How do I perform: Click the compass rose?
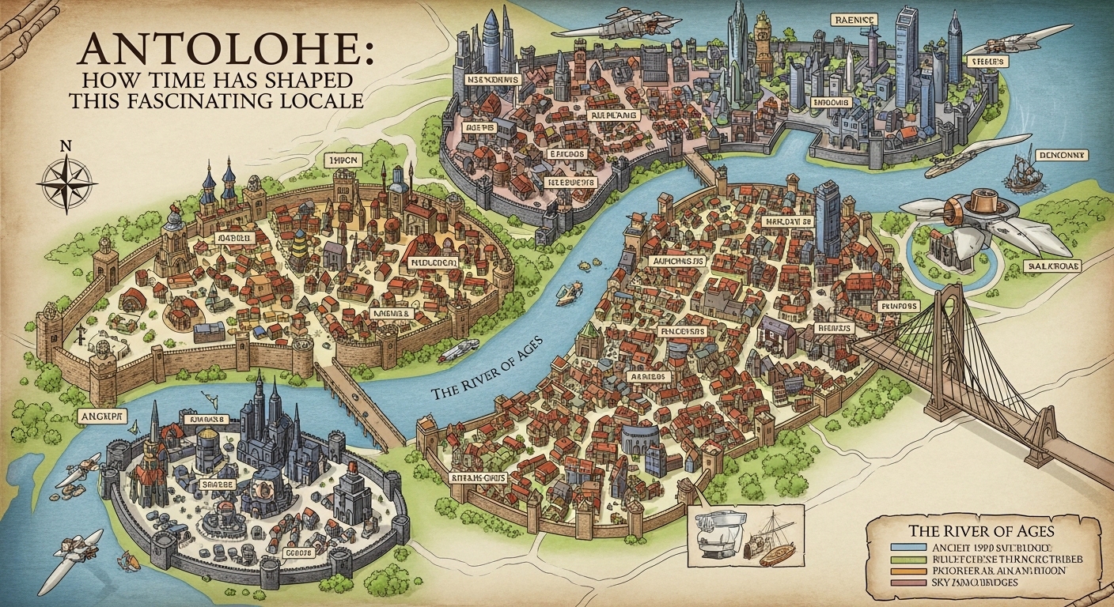coord(66,181)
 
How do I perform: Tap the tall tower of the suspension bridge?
coord(949,348)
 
